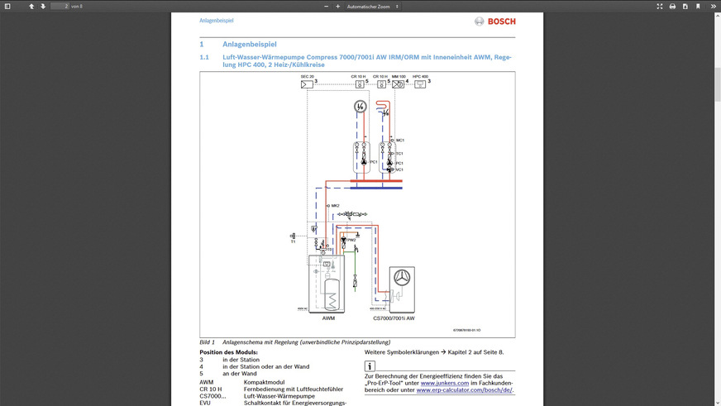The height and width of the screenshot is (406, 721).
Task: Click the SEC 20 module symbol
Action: pyautogui.click(x=306, y=84)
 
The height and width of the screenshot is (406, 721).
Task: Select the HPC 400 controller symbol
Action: pyautogui.click(x=420, y=84)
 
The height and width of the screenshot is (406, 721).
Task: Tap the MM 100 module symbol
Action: pyautogui.click(x=398, y=84)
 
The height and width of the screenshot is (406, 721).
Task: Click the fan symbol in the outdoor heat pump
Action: pyautogui.click(x=403, y=279)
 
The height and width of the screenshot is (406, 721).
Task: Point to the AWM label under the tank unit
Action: pyautogui.click(x=328, y=318)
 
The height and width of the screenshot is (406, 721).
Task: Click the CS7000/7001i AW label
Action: pyautogui.click(x=394, y=318)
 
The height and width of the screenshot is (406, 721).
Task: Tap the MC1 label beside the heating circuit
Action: pyautogui.click(x=400, y=141)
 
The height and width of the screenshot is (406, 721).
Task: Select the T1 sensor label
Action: pyautogui.click(x=293, y=241)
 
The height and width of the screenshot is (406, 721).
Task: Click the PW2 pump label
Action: pyautogui.click(x=351, y=240)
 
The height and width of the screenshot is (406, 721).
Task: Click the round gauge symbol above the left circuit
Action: pyautogui.click(x=359, y=106)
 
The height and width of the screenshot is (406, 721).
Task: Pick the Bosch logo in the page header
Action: pyautogui.click(x=494, y=21)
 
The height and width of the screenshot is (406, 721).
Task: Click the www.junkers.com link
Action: pyautogui.click(x=438, y=383)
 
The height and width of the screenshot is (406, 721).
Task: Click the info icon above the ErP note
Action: pyautogui.click(x=370, y=366)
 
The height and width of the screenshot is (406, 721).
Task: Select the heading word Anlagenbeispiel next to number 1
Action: pyautogui.click(x=249, y=44)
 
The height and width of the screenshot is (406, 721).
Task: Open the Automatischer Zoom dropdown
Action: pyautogui.click(x=372, y=6)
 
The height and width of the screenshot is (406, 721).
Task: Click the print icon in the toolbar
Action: pyautogui.click(x=672, y=6)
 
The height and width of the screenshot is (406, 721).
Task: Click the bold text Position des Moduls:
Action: pyautogui.click(x=227, y=352)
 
